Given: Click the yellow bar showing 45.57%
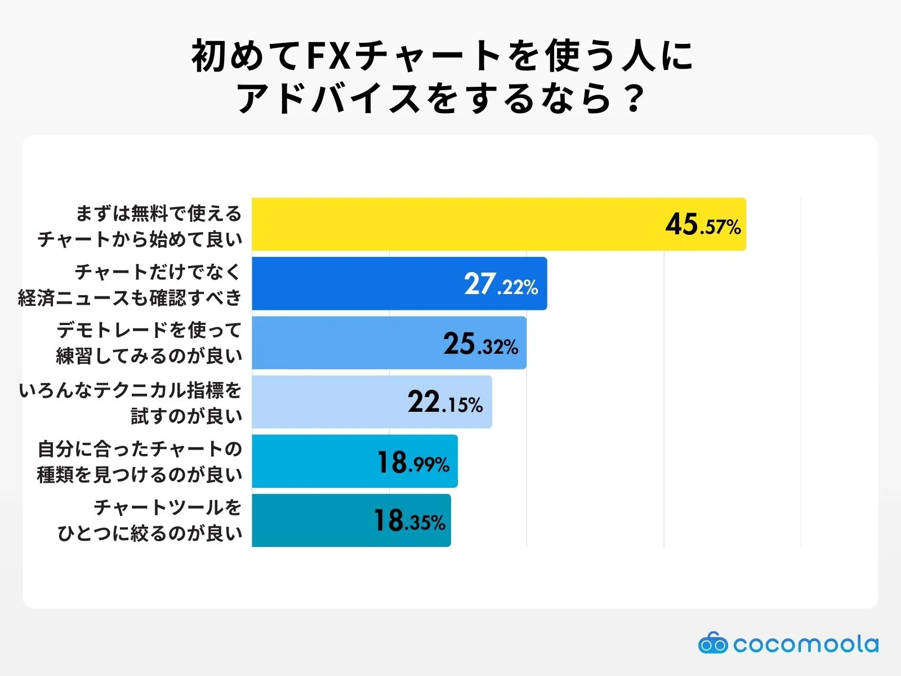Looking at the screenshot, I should point(450,224).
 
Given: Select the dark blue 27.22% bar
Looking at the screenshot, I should point(360,283).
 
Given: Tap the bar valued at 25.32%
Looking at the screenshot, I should point(349,343).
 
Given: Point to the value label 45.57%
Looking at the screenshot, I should point(703,225).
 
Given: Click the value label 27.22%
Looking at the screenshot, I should point(501,284).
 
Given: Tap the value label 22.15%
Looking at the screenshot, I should point(445,403).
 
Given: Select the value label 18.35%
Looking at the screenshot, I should point(409,521).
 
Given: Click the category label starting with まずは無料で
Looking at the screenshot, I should point(140,226).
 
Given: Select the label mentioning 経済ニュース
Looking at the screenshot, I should point(130,285).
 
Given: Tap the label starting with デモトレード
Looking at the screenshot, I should point(149,343).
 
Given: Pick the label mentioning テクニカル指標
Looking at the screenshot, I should point(130,403).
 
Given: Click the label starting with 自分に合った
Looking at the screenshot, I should point(140,462).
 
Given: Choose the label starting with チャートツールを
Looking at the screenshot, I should point(150,520).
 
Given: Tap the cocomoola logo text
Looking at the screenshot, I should point(805,644).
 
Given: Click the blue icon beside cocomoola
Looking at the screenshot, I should point(712,643).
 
